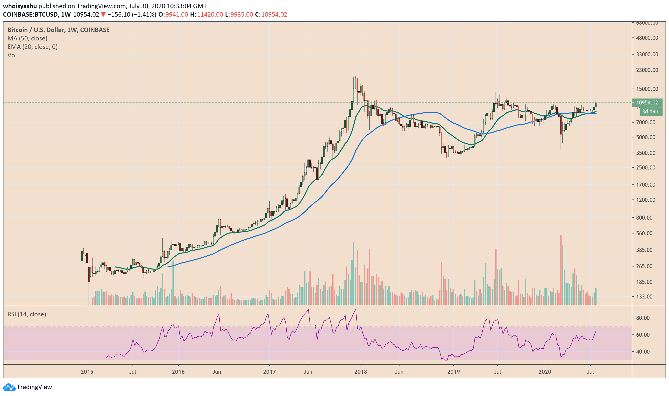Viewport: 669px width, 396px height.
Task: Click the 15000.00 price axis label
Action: (647, 89)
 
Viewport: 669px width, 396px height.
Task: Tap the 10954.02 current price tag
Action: (647, 103)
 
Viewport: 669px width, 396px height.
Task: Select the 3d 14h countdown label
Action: (650, 112)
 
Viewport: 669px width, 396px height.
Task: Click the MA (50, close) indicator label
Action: (28, 38)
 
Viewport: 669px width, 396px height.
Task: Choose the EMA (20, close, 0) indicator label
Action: (33, 47)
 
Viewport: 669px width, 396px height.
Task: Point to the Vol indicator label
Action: (12, 55)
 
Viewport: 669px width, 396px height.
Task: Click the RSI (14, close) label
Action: (27, 314)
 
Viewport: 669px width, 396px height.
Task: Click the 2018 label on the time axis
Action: (361, 372)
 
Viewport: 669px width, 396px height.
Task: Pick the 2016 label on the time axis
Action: (178, 372)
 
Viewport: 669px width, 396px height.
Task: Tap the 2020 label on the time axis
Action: (545, 372)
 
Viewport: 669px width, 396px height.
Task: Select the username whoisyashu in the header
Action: (20, 6)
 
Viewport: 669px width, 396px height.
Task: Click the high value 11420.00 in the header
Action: (210, 15)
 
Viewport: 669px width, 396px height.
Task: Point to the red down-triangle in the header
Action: (103, 15)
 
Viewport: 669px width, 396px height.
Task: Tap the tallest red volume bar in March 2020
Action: (561, 269)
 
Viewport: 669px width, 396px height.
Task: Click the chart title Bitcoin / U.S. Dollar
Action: (36, 30)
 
